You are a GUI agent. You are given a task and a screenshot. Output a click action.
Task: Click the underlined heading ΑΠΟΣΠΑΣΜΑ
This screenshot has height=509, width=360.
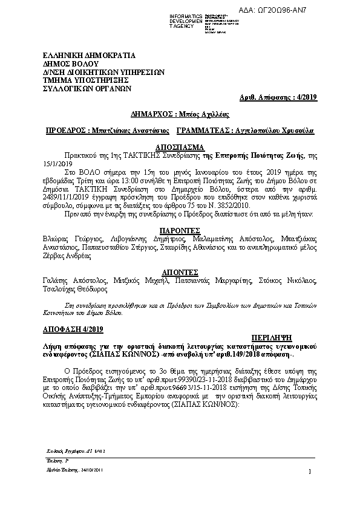click(x=180, y=147)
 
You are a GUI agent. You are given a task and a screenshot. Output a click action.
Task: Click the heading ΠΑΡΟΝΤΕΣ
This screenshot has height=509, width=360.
click(x=180, y=230)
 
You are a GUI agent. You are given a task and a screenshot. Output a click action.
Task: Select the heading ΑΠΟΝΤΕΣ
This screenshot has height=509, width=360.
click(x=180, y=272)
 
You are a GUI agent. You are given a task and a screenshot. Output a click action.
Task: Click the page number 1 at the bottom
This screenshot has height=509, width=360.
click(x=309, y=472)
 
